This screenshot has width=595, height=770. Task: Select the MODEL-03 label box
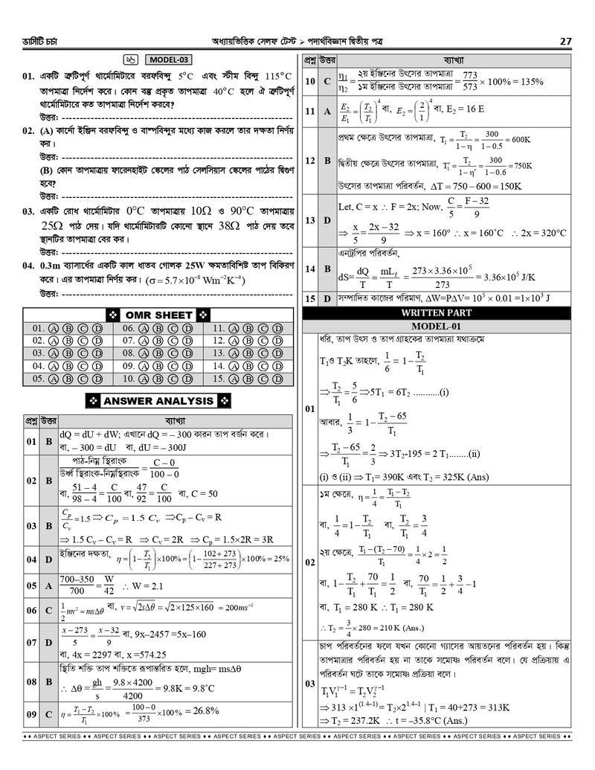tap(168, 60)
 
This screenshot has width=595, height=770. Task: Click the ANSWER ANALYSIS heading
tap(158, 401)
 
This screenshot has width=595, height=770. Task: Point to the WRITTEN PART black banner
tap(437, 313)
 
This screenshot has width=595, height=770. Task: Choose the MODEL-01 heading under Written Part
tap(437, 327)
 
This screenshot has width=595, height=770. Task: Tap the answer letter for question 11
tap(327, 111)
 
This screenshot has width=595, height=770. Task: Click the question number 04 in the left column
tap(28, 266)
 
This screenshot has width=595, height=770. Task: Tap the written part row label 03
tap(309, 683)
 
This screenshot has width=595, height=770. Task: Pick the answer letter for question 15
tap(327, 298)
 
